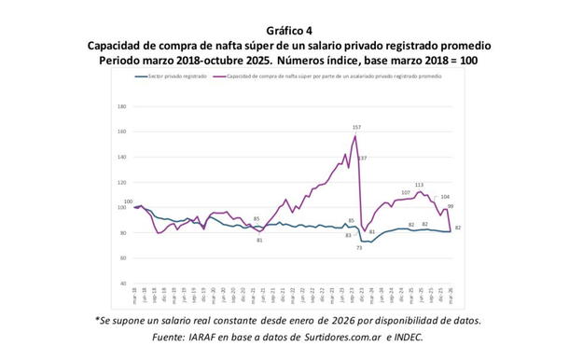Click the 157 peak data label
(x=356, y=126)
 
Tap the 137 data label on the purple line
(x=362, y=158)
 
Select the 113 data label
(x=419, y=185)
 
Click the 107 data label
(x=406, y=192)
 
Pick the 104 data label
(x=445, y=197)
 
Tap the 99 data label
(x=450, y=206)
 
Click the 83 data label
(x=348, y=235)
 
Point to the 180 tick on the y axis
(x=121, y=105)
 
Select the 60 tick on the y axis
(x=123, y=257)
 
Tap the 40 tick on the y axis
(x=123, y=283)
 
